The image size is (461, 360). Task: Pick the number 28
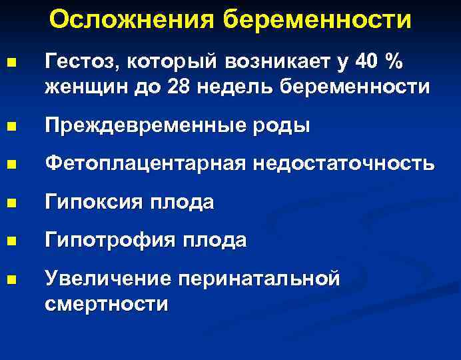176,87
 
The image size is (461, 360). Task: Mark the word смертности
107,303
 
